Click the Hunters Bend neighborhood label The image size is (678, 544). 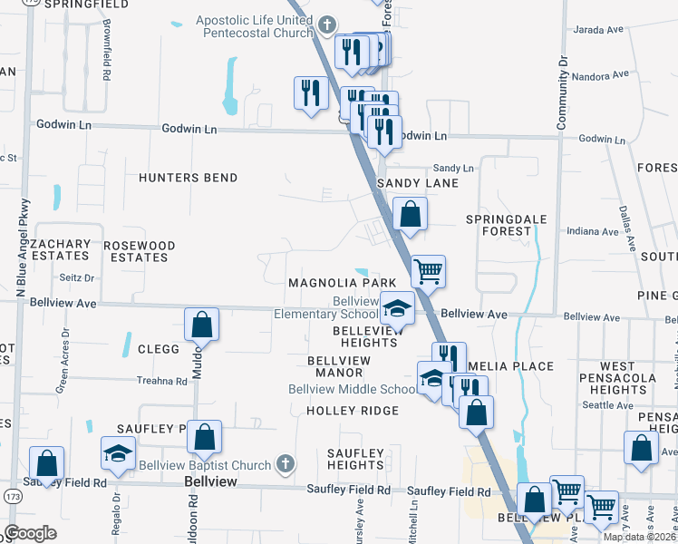tap(188, 178)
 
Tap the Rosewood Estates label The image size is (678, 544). tap(139, 251)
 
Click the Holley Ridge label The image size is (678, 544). tap(352, 411)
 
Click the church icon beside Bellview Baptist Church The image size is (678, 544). tap(285, 465)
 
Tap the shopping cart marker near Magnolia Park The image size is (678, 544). tap(428, 270)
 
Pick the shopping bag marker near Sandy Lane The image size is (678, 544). tap(411, 215)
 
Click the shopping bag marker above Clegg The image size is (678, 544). tap(201, 325)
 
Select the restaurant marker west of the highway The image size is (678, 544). tap(310, 92)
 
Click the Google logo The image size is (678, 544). tap(31, 533)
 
